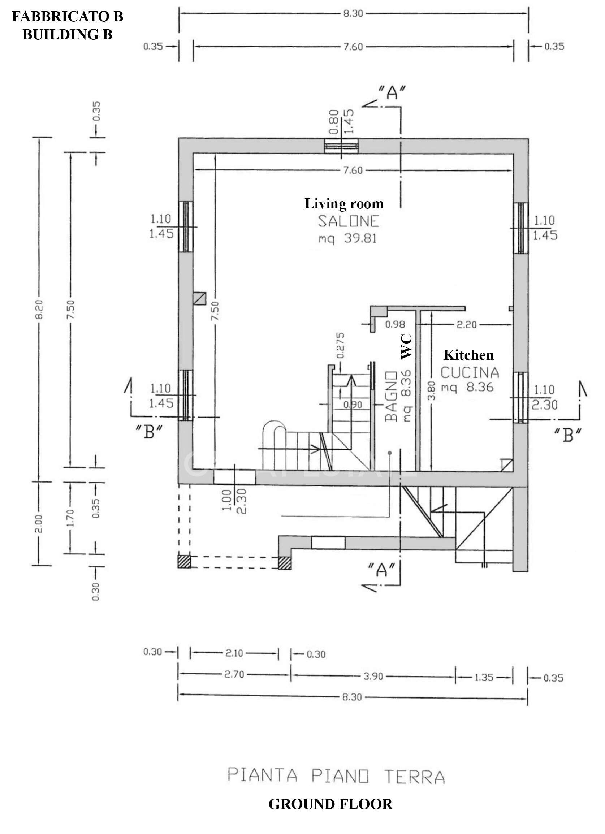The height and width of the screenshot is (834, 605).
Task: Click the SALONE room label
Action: (348, 221)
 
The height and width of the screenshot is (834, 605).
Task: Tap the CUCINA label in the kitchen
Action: (470, 373)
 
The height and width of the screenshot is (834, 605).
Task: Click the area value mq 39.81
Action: (347, 239)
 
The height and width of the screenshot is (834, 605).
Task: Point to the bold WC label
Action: (406, 346)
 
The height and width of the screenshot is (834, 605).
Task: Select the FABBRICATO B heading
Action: (68, 17)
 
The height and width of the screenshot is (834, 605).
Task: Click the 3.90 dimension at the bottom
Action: (373, 677)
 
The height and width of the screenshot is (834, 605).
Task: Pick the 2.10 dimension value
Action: (234, 653)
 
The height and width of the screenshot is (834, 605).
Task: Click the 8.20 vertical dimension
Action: (40, 310)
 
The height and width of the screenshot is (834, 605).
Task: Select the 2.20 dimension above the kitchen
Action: (466, 324)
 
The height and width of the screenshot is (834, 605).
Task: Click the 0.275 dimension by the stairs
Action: (341, 345)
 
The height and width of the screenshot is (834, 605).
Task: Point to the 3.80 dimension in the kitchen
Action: (432, 390)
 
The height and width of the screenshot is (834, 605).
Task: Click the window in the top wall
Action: (342, 146)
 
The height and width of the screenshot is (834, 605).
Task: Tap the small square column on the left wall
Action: (199, 299)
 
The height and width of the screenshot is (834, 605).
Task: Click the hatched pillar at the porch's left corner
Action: (184, 562)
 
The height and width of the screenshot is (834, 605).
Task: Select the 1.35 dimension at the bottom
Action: (484, 677)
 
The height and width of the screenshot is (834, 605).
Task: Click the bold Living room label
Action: (344, 204)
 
